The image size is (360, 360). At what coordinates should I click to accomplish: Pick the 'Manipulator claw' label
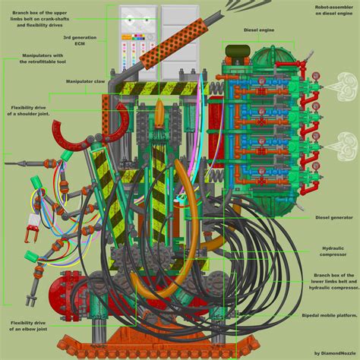(x=86, y=81)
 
